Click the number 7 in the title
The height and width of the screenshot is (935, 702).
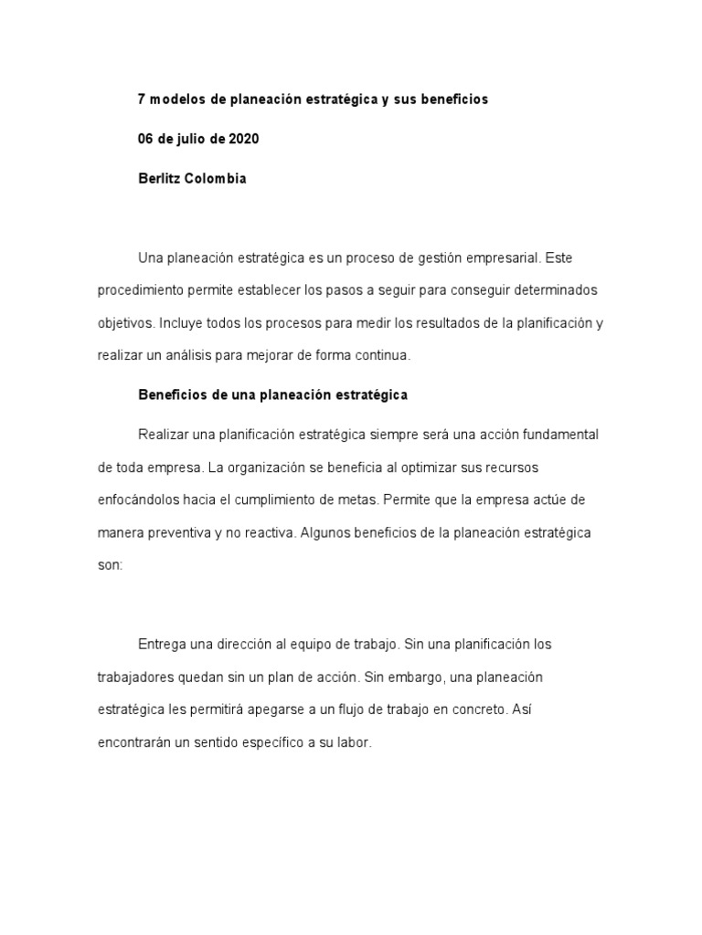[x=141, y=100]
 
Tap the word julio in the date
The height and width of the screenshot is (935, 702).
[x=186, y=139]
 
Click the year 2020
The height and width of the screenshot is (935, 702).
[x=243, y=139]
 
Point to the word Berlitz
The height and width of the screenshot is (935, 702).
[x=158, y=179]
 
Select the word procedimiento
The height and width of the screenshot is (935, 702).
[x=142, y=290]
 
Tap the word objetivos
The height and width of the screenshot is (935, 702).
[x=125, y=323]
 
